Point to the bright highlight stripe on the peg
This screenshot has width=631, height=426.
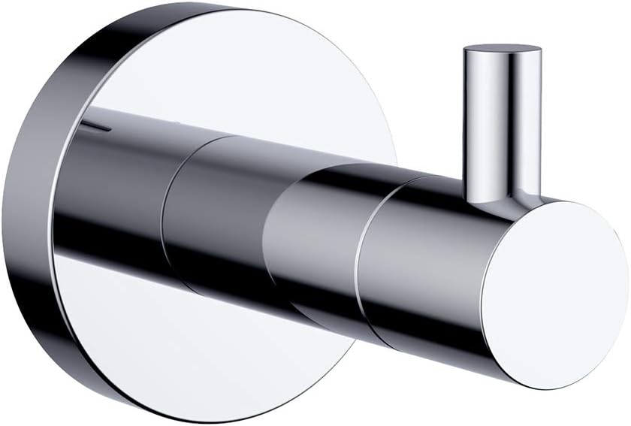pos(481,120)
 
